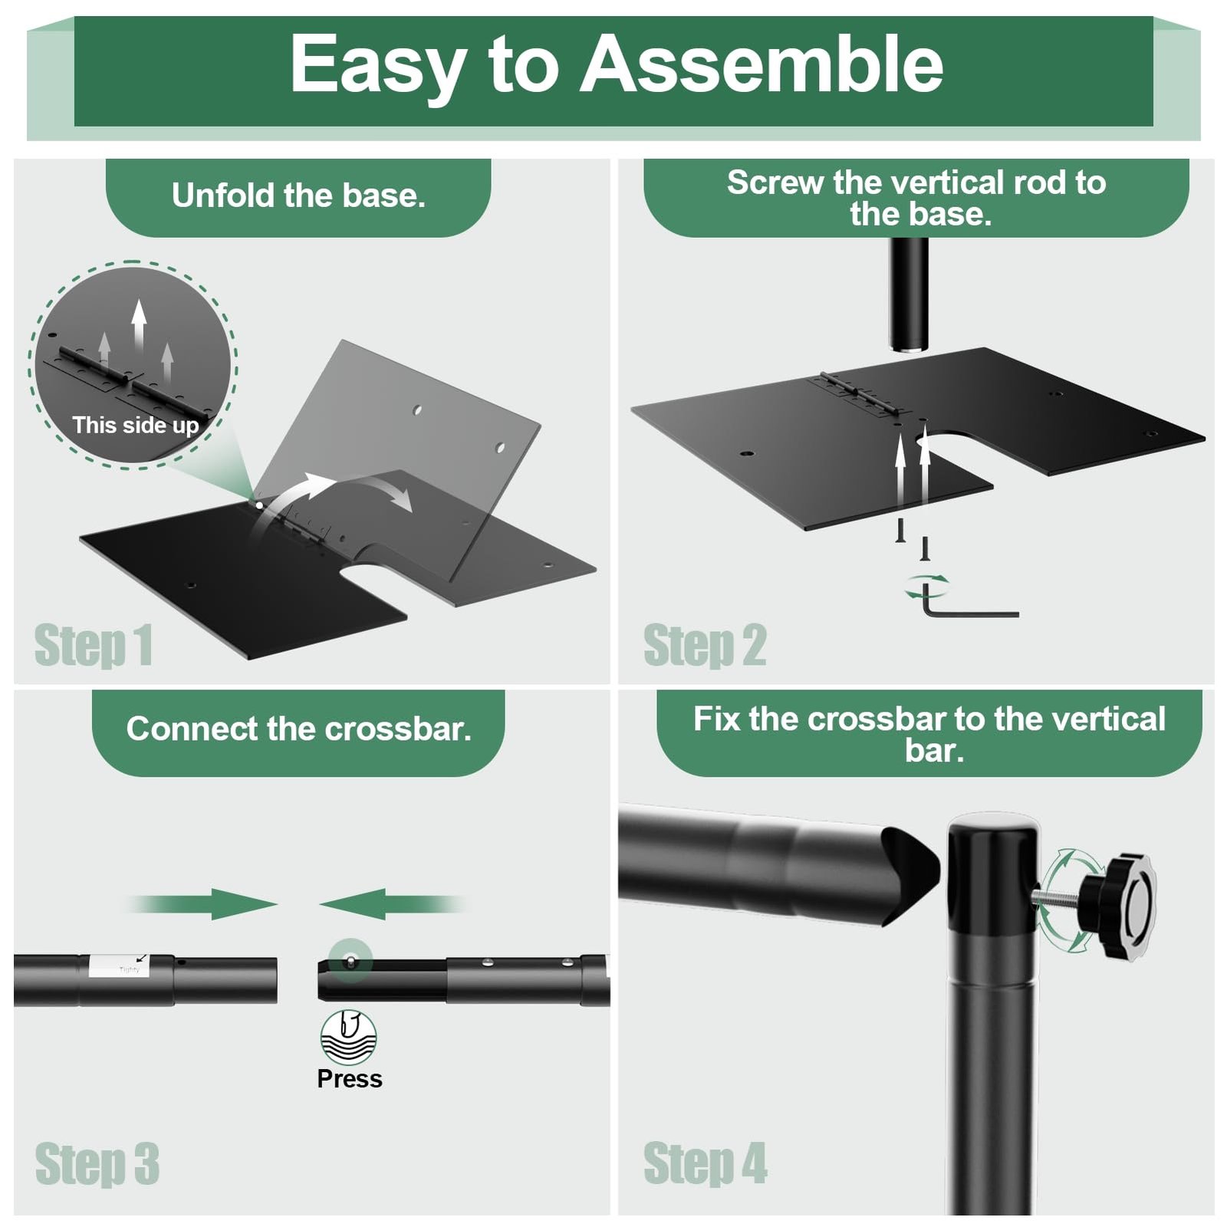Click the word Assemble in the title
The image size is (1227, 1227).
(x=762, y=64)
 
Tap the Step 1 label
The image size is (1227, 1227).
(x=94, y=646)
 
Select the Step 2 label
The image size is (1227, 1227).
(x=705, y=646)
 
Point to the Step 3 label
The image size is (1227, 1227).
(x=97, y=1164)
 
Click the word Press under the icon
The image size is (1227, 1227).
(x=350, y=1079)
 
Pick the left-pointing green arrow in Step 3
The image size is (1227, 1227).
(x=392, y=904)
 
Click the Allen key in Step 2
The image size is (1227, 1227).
(x=971, y=602)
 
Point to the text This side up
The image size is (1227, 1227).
(x=136, y=426)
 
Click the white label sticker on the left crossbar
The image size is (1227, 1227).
(x=119, y=965)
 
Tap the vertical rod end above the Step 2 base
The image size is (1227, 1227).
(x=909, y=295)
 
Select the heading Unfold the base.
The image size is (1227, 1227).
(x=298, y=196)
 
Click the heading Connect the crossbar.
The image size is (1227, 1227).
(x=298, y=729)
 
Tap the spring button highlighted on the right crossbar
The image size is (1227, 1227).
(x=350, y=960)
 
